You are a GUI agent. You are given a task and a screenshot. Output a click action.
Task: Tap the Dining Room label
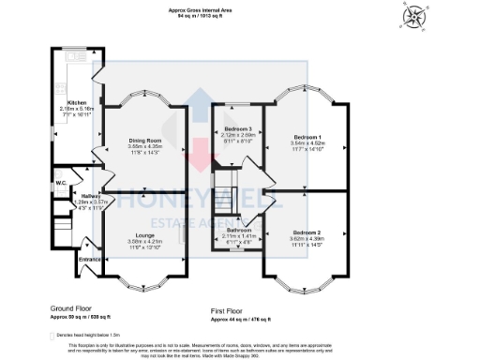pos(145,141)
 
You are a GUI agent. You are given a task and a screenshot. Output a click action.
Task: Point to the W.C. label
pos(60,183)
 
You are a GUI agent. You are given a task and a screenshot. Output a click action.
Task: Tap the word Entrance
pos(89,258)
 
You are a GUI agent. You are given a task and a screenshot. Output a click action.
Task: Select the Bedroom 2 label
pos(307,232)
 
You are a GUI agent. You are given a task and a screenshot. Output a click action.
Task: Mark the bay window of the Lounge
pos(145,278)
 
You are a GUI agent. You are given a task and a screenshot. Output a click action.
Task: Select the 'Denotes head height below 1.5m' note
pos(84,333)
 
